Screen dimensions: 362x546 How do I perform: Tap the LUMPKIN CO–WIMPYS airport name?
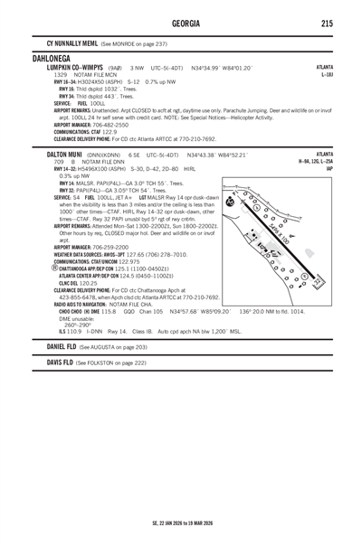(x=67, y=66)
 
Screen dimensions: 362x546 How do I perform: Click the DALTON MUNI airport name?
(x=56, y=155)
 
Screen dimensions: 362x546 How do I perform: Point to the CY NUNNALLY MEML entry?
(x=64, y=43)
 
